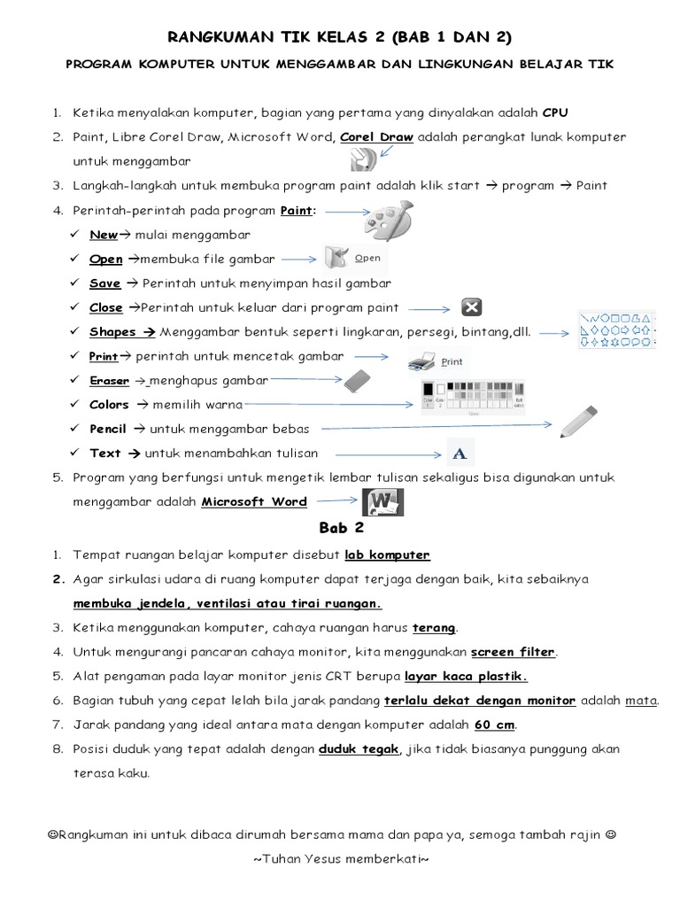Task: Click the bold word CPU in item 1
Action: tap(555, 113)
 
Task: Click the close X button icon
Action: tap(471, 307)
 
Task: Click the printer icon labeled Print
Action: tap(435, 361)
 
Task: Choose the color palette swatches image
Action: tap(474, 396)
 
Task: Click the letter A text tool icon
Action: tap(459, 453)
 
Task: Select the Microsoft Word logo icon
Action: tap(382, 501)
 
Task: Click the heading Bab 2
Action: tap(341, 528)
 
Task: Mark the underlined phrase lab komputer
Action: tap(387, 555)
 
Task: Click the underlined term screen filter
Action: tap(513, 652)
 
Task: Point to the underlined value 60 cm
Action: tap(494, 725)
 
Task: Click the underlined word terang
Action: tap(434, 628)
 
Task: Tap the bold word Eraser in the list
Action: tap(109, 381)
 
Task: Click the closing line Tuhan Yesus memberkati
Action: tap(341, 859)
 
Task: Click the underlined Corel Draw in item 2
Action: tap(370, 137)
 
